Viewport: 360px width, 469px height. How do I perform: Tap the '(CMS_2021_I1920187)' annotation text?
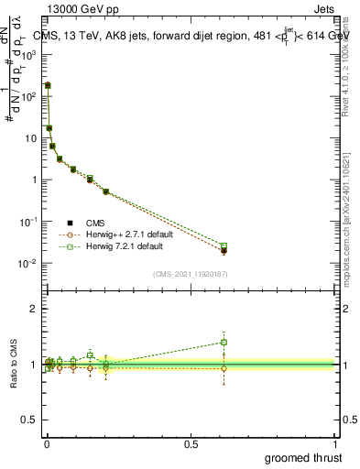pyautogui.click(x=190, y=273)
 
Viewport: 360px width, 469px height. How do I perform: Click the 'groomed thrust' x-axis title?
pyautogui.click(x=304, y=457)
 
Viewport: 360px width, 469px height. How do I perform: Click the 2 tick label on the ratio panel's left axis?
pyautogui.click(x=33, y=309)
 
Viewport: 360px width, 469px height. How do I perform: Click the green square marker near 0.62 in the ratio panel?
pyautogui.click(x=224, y=343)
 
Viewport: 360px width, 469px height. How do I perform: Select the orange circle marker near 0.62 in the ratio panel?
pyautogui.click(x=224, y=368)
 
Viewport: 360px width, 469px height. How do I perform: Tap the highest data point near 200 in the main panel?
pyautogui.click(x=47, y=85)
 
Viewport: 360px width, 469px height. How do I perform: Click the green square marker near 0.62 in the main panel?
pyautogui.click(x=224, y=245)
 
